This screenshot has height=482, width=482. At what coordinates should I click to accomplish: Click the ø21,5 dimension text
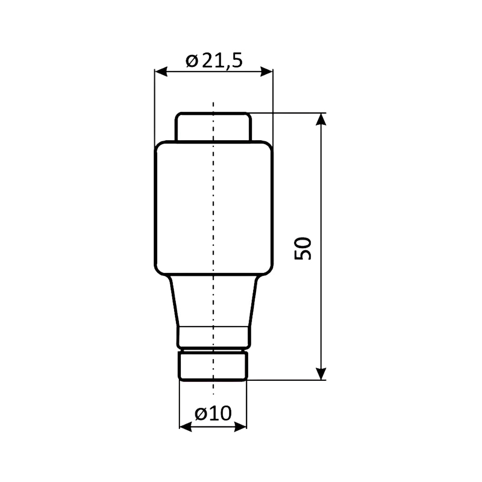point(214,61)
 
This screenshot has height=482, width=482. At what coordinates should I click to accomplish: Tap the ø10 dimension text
point(213,413)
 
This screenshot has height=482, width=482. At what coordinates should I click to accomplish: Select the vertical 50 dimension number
point(303,249)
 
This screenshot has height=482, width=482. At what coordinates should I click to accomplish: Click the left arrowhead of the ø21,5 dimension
point(161,72)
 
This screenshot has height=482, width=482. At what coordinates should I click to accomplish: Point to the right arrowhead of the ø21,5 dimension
point(266,72)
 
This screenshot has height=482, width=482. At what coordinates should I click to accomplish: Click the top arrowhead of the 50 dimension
point(321,119)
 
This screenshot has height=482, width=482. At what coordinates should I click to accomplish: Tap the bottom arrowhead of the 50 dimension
point(321,373)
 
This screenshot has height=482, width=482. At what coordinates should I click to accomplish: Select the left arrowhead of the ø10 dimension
point(185,426)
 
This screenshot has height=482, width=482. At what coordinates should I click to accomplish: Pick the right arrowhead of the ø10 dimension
point(241,426)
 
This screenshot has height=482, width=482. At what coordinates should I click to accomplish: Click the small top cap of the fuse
point(213,127)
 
